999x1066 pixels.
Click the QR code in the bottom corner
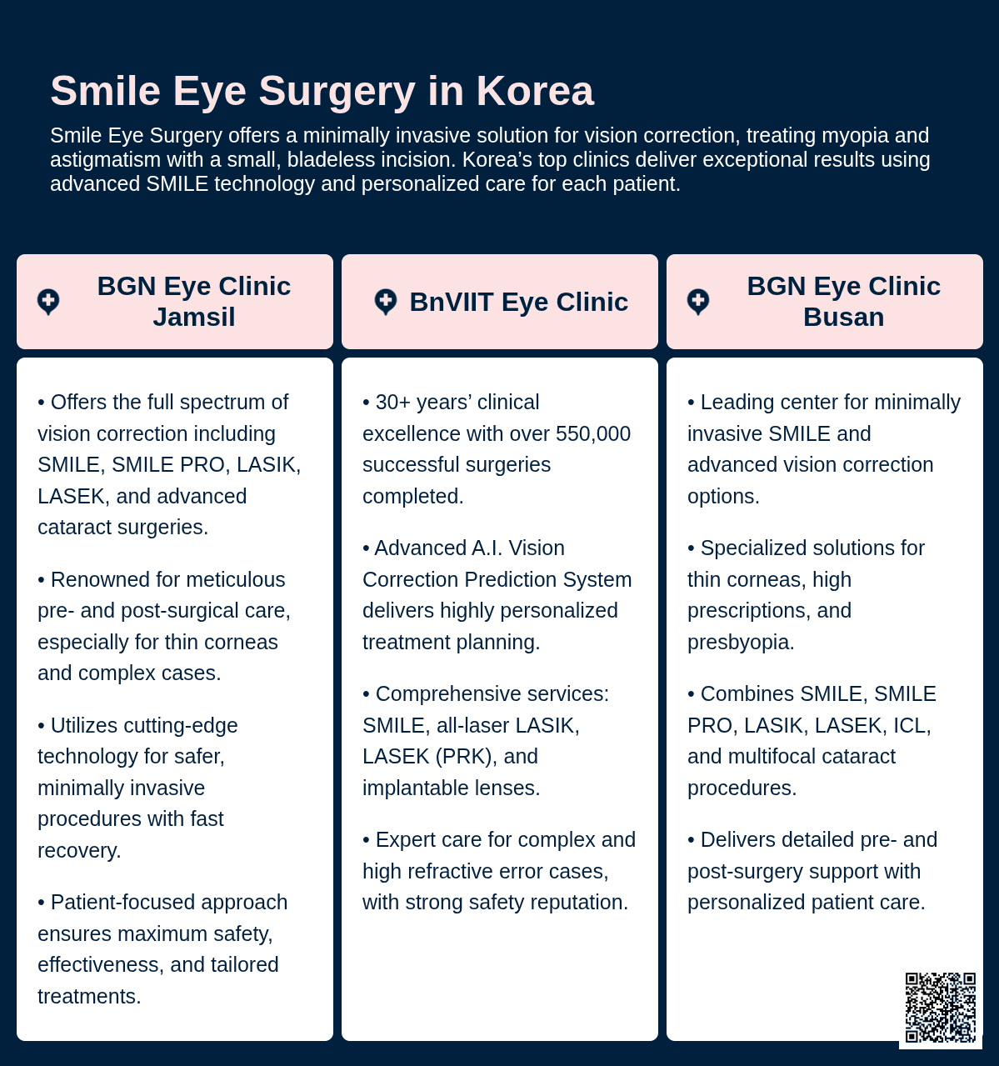[941, 1007]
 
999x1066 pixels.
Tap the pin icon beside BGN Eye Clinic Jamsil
[48, 302]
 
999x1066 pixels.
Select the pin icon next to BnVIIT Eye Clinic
[386, 302]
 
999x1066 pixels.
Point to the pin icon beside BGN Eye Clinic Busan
[698, 302]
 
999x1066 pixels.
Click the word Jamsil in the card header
[194, 318]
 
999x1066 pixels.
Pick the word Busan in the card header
[843, 318]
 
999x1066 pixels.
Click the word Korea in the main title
[535, 91]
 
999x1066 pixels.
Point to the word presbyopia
[738, 643]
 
